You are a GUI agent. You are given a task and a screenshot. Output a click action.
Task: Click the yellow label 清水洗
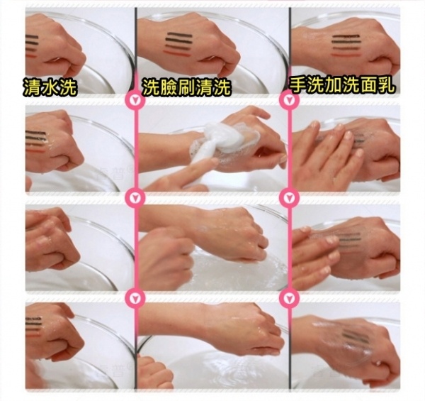[50, 87]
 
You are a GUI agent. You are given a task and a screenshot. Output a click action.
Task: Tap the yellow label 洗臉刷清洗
[187, 87]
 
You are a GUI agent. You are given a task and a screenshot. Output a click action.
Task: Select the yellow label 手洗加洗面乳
[342, 86]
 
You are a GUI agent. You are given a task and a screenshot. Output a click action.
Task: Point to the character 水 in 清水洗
[50, 87]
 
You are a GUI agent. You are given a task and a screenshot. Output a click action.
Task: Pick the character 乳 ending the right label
[387, 86]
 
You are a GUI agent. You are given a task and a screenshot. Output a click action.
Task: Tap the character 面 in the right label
[369, 86]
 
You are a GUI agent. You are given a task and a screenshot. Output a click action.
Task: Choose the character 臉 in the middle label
[169, 87]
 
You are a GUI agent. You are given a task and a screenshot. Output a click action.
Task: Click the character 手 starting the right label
[298, 86]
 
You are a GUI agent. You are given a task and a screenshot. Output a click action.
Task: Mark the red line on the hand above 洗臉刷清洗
[177, 53]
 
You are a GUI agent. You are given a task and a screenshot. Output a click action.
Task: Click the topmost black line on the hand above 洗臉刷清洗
[178, 35]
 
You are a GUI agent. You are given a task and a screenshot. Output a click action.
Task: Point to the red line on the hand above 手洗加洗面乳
[346, 55]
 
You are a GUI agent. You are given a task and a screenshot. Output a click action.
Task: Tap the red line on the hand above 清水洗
[31, 56]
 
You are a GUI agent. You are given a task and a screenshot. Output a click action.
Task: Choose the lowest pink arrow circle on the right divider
[289, 298]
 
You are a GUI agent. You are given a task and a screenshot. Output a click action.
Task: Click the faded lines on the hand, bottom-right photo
[352, 337]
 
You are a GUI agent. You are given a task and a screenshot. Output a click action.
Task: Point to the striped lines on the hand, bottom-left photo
[33, 326]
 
